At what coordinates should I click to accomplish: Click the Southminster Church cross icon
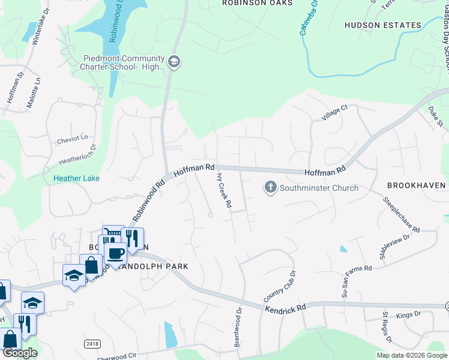pyautogui.click(x=270, y=188)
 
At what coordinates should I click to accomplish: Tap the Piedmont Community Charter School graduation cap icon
pyautogui.click(x=174, y=62)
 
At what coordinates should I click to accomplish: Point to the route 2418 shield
pyautogui.click(x=92, y=343)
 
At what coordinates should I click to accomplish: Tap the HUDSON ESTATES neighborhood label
pyautogui.click(x=382, y=25)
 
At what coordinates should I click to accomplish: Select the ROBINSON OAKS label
pyautogui.click(x=257, y=3)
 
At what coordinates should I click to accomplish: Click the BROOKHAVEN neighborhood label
pyautogui.click(x=416, y=185)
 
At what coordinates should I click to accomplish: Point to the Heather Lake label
pyautogui.click(x=76, y=178)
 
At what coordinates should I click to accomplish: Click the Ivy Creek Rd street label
pyautogui.click(x=224, y=191)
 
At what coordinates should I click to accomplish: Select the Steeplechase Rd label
pyautogui.click(x=399, y=212)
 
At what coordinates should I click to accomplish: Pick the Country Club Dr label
pyautogui.click(x=280, y=287)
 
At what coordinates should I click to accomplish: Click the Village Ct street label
pyautogui.click(x=334, y=112)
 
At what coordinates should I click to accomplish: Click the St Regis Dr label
pyautogui.click(x=387, y=327)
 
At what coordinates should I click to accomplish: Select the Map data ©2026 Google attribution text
pyautogui.click(x=412, y=355)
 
